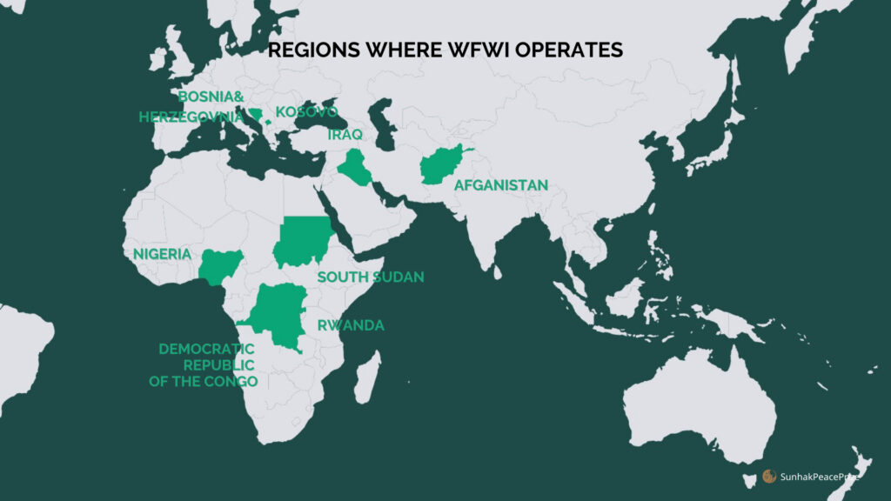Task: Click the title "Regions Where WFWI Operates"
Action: tap(445, 50)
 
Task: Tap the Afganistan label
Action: tap(500, 185)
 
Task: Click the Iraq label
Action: tap(345, 135)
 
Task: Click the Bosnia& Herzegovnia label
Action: tap(193, 106)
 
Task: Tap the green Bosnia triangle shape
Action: tap(256, 114)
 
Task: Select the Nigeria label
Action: tap(162, 254)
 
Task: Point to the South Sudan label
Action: tap(370, 277)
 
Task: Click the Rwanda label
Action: tap(351, 325)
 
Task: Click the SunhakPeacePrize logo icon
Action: tap(768, 476)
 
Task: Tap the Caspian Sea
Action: tap(380, 117)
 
